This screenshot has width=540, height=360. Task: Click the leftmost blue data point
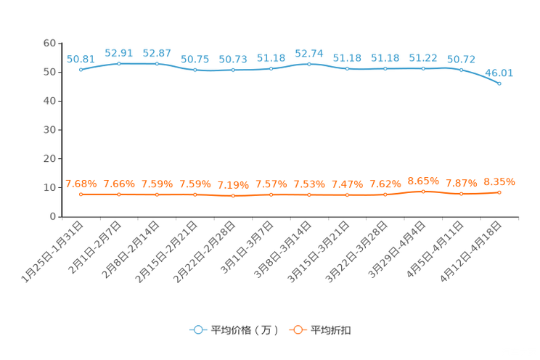click(x=81, y=70)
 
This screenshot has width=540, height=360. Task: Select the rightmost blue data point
click(x=499, y=83)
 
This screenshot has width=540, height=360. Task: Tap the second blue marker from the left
click(x=118, y=64)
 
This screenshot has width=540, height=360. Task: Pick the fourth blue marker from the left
click(x=195, y=70)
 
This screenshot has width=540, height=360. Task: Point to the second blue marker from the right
click(x=461, y=70)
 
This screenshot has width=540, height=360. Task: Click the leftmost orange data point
click(x=81, y=195)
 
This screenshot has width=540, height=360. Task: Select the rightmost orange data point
click(x=499, y=192)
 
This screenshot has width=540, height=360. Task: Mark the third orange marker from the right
click(x=423, y=192)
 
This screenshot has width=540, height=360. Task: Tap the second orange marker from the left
click(x=118, y=195)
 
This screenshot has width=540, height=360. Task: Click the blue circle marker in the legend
click(x=197, y=330)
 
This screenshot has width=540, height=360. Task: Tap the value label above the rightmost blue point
click(x=499, y=72)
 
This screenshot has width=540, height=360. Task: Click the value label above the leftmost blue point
click(x=81, y=58)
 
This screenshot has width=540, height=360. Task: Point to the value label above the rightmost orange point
click(x=499, y=181)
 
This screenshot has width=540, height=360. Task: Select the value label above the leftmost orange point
click(x=81, y=184)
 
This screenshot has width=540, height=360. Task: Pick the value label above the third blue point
click(x=157, y=52)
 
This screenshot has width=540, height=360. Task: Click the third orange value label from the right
click(x=423, y=181)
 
